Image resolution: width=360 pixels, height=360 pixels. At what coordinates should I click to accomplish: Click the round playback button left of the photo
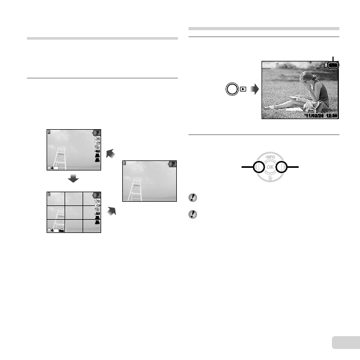coord(231,89)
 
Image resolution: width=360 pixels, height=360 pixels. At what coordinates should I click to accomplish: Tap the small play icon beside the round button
coord(243,89)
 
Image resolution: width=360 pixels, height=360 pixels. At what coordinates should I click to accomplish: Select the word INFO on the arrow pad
coord(270,157)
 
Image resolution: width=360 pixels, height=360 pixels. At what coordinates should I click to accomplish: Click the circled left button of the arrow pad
coord(258,168)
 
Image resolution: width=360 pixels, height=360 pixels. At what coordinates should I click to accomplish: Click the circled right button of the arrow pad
coord(282,168)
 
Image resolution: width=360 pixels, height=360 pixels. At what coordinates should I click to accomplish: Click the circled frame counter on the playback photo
coord(334,65)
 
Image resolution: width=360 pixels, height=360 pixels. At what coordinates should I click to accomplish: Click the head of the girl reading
coord(305,77)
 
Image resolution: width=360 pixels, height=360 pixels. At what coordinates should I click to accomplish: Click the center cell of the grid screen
coord(74,212)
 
